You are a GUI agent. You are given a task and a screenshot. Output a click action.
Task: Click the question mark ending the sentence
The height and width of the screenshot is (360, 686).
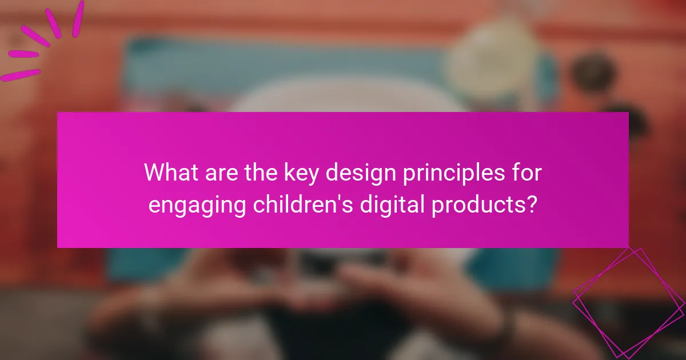point(531,204)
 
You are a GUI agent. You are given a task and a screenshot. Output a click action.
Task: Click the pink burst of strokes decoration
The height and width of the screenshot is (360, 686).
point(40,40)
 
